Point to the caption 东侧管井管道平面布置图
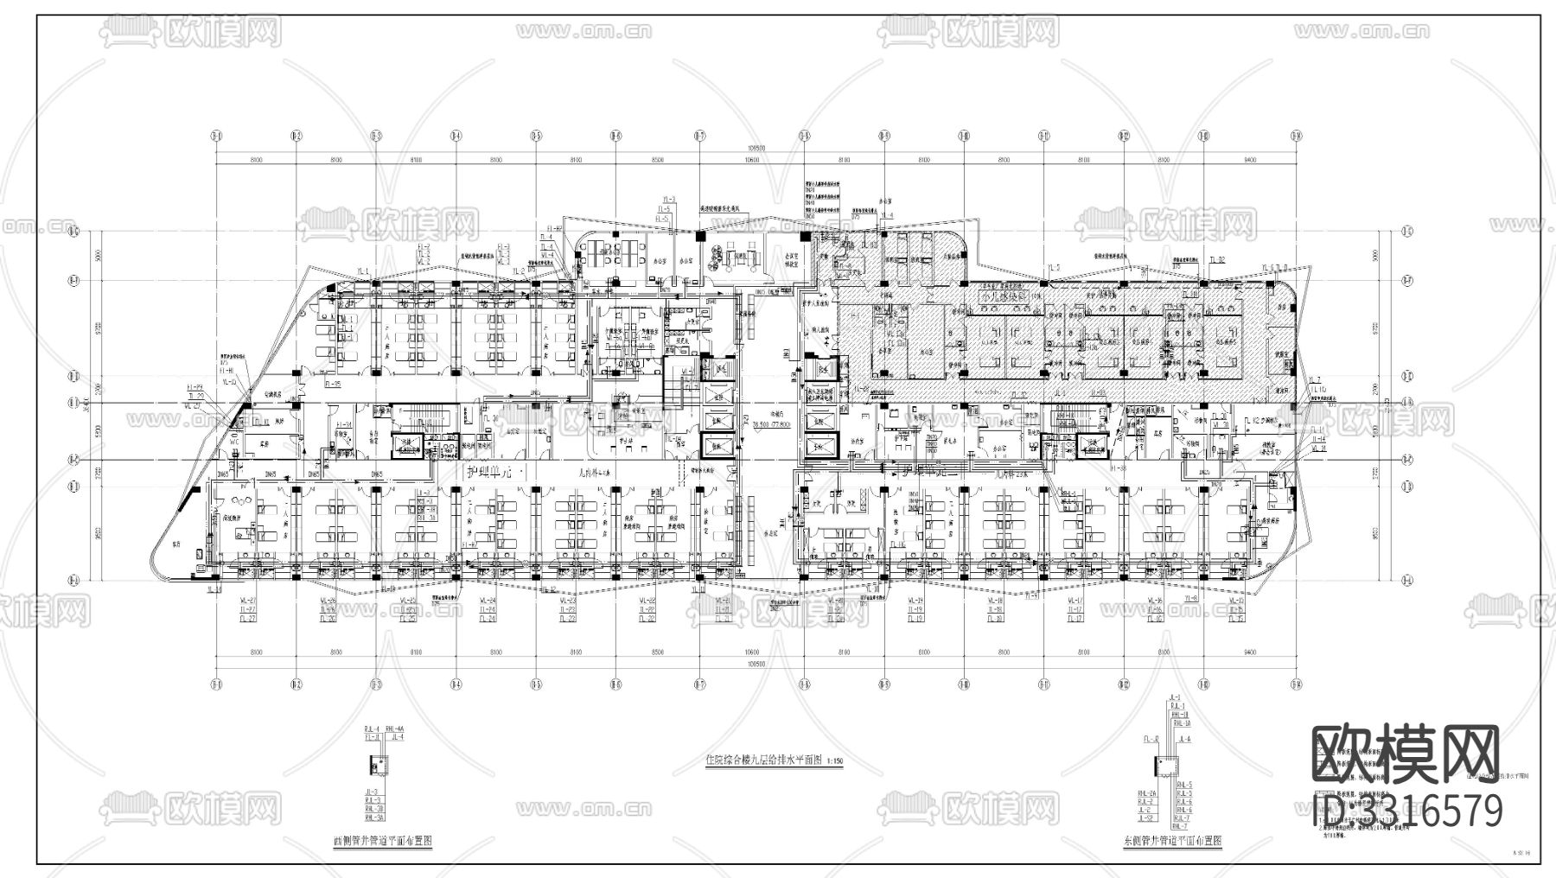pos(1172,839)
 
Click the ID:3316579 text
pos(1407,811)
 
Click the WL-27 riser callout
pos(249,601)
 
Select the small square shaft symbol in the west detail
pos(378,764)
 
